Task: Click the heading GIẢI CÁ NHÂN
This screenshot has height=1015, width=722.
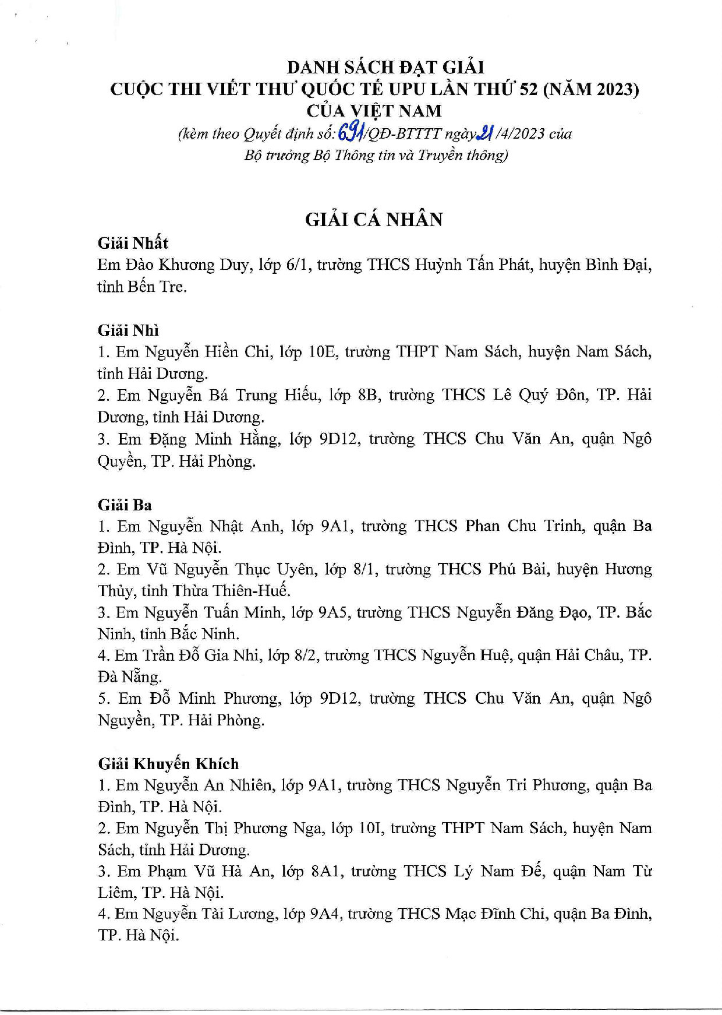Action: [x=374, y=219]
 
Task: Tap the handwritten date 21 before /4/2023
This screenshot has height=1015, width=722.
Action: [x=484, y=133]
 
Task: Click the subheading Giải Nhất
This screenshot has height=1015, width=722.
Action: [x=133, y=243]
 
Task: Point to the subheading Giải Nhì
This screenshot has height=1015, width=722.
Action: [x=128, y=330]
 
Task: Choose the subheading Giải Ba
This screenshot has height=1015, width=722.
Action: [x=125, y=505]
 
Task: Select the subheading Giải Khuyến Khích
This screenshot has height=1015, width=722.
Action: [x=168, y=764]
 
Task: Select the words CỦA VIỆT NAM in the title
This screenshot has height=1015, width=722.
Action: [x=374, y=111]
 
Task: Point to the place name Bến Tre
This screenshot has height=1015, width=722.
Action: [x=158, y=287]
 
